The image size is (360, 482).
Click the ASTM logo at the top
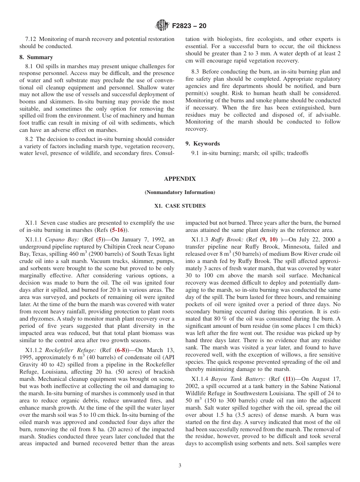pyautogui.click(x=162, y=26)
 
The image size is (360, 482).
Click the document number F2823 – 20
pyautogui.click(x=189, y=26)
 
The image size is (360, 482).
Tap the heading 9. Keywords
pyautogui.click(x=202, y=144)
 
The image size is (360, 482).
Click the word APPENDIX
pyautogui.click(x=180, y=179)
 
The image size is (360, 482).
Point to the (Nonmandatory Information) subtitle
pyautogui.click(x=180, y=192)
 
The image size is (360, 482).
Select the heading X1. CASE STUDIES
pyautogui.click(x=180, y=206)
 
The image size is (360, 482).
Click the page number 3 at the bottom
pyautogui.click(x=180, y=466)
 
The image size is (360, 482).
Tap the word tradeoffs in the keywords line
pyautogui.click(x=298, y=153)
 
